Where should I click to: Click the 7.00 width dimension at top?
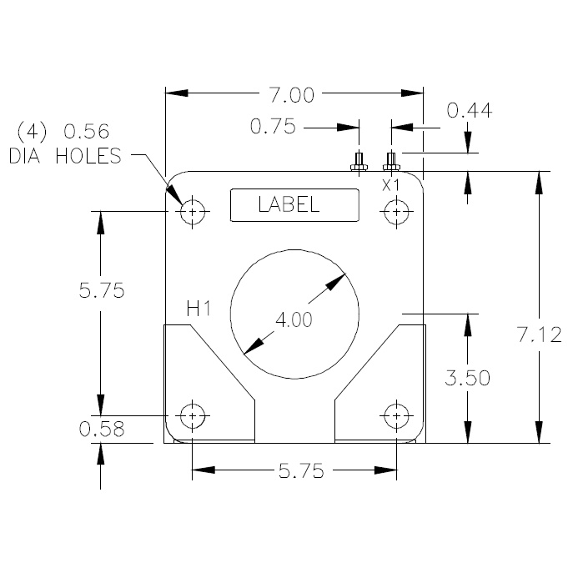[291, 95]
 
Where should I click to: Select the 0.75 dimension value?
[274, 128]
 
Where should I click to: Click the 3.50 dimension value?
[467, 378]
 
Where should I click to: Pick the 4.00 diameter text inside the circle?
[293, 319]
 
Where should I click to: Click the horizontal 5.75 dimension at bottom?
[293, 470]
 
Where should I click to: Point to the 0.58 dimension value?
[101, 430]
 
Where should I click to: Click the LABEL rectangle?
[294, 205]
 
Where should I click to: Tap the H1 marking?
[198, 309]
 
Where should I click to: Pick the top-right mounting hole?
[395, 212]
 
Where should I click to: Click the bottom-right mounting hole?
[395, 415]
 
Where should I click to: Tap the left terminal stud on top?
[359, 161]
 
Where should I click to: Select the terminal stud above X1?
[390, 161]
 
